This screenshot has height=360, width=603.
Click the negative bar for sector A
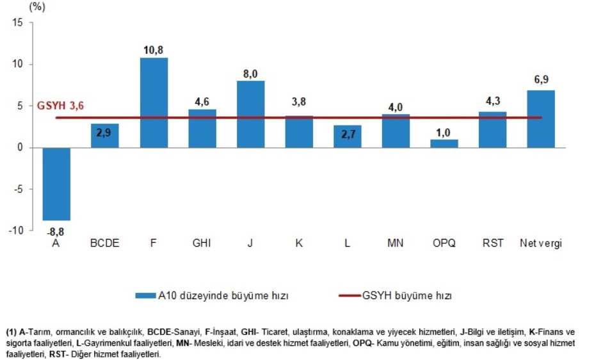coord(56,184)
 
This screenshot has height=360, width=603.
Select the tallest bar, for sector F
coord(154,102)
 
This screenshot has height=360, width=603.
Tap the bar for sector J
coord(250,114)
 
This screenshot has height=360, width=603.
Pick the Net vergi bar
coord(541,119)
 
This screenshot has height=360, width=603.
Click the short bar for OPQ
coord(444,143)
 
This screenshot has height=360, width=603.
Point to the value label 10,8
coord(154,49)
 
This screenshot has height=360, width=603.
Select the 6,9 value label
coord(541,80)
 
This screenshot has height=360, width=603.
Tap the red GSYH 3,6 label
coord(61,106)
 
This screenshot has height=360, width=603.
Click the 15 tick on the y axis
coord(17,22)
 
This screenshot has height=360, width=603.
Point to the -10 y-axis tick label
coord(15,231)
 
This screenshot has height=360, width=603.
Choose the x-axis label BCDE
coord(105,243)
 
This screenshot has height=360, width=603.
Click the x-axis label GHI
coord(202,243)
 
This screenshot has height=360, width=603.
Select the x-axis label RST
coord(493,243)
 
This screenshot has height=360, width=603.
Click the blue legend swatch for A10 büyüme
coord(145,295)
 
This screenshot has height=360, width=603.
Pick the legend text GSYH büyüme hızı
coord(407,295)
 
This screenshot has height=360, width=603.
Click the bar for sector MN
coord(396,131)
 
